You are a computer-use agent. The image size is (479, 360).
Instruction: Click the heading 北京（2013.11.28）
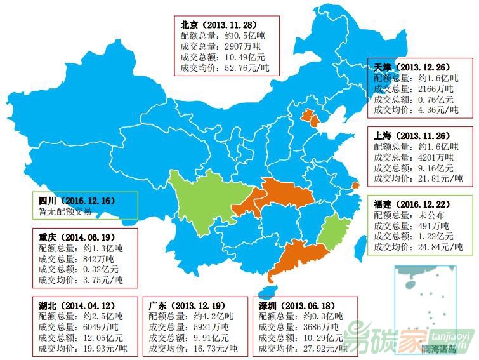[x=220, y=25]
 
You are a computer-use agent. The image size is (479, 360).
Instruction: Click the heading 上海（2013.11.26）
[x=414, y=136]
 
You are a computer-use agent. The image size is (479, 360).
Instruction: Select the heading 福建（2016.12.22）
[x=414, y=204]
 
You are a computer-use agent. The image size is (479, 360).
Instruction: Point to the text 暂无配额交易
[x=65, y=211]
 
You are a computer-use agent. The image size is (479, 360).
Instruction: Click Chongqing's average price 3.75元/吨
[x=100, y=280]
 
